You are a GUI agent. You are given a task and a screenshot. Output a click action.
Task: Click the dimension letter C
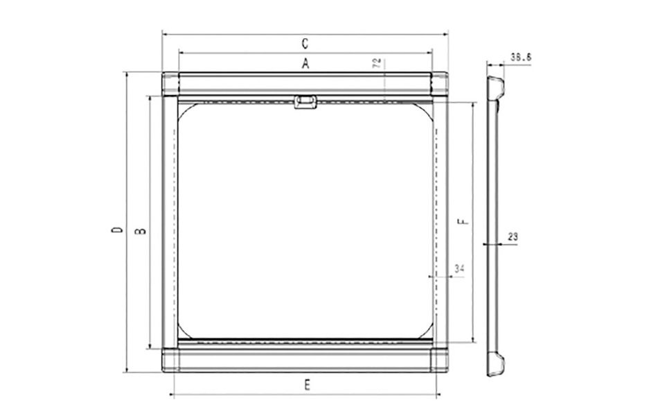[x=305, y=43]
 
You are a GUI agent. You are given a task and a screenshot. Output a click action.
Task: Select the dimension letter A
[x=305, y=64]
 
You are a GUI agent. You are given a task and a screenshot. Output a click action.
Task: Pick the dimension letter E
[x=307, y=385]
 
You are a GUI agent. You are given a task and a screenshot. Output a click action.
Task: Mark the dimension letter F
[x=463, y=221]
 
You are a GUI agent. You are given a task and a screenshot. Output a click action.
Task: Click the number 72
[x=377, y=63]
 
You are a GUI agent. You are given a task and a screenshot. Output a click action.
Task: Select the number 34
[x=459, y=268]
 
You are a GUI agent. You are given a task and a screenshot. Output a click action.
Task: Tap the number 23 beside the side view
[x=513, y=237]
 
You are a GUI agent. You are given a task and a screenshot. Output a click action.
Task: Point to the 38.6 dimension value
[x=521, y=57]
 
